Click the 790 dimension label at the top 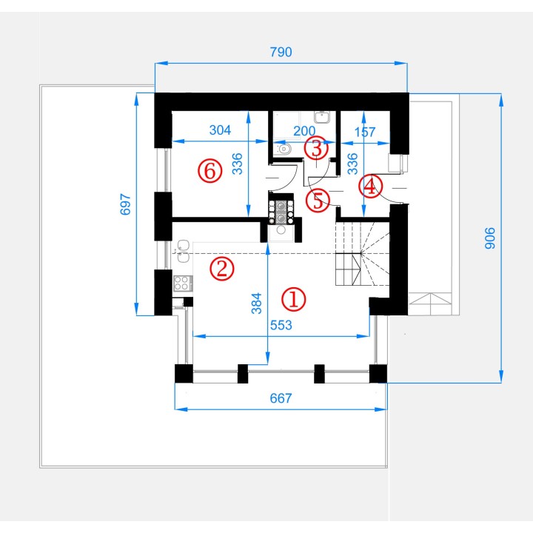(x=281, y=52)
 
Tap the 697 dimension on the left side (x=125, y=204)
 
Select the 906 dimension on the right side (x=490, y=238)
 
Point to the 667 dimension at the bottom (x=281, y=398)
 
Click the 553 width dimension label (x=281, y=325)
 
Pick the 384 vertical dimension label (x=257, y=304)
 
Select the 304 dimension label (x=220, y=130)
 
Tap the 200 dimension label (x=304, y=131)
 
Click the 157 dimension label (x=365, y=132)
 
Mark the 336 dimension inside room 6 (x=238, y=164)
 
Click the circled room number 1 (x=294, y=300)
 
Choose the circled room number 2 (x=222, y=269)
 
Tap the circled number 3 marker (x=316, y=148)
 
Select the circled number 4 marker (x=371, y=186)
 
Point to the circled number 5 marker (x=318, y=200)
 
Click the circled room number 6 (x=210, y=170)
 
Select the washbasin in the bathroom (x=321, y=117)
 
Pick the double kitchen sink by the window (x=183, y=251)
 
